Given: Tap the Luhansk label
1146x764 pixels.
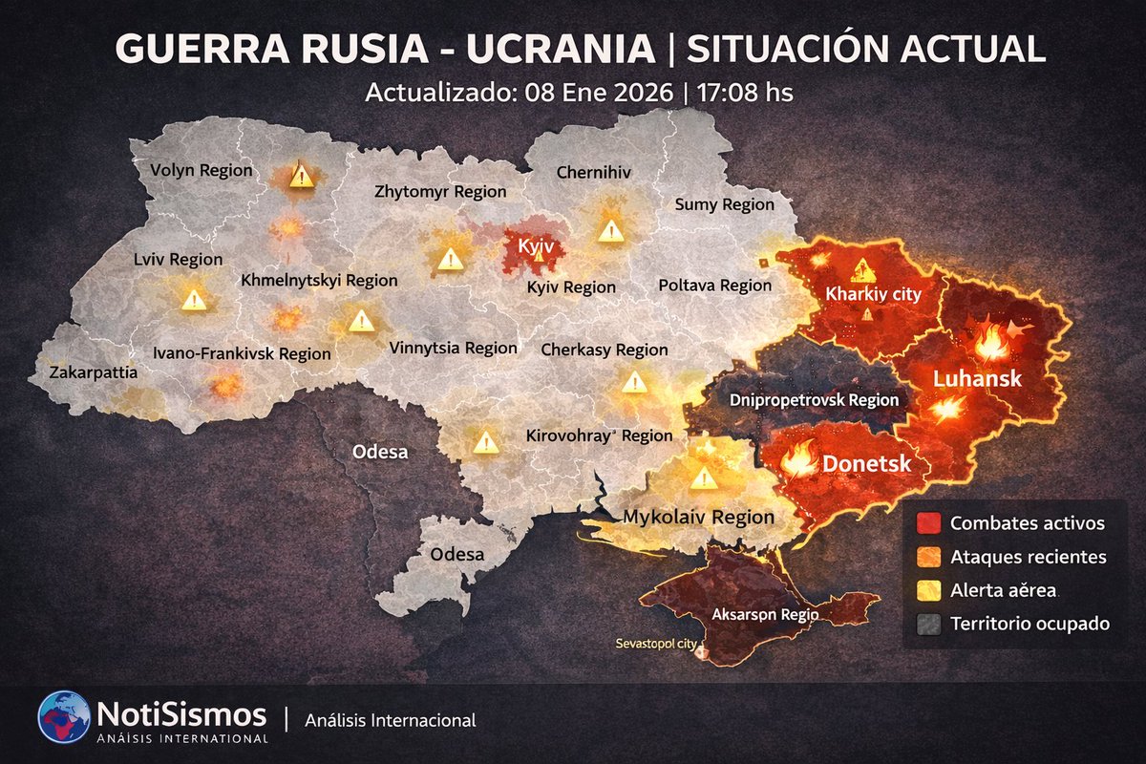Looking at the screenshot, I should pos(977,379).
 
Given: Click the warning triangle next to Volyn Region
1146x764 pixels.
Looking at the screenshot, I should pos(302,176).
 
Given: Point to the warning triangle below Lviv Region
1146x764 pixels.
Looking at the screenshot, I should pos(194,300).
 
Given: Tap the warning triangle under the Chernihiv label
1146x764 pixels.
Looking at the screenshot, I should pos(610,230).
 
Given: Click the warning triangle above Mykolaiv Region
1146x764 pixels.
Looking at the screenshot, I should pos(704,477).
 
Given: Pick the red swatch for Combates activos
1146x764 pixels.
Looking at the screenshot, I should pos(926,523).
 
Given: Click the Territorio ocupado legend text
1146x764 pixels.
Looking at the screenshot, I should pos(1029,625).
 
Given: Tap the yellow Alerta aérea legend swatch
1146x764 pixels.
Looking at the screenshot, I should pos(926,591).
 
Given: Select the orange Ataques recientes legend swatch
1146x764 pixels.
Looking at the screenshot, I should pos(926,557).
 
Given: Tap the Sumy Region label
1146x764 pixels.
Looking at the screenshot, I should pos(725,204).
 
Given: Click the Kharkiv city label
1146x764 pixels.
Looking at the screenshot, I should pos(875,294).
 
